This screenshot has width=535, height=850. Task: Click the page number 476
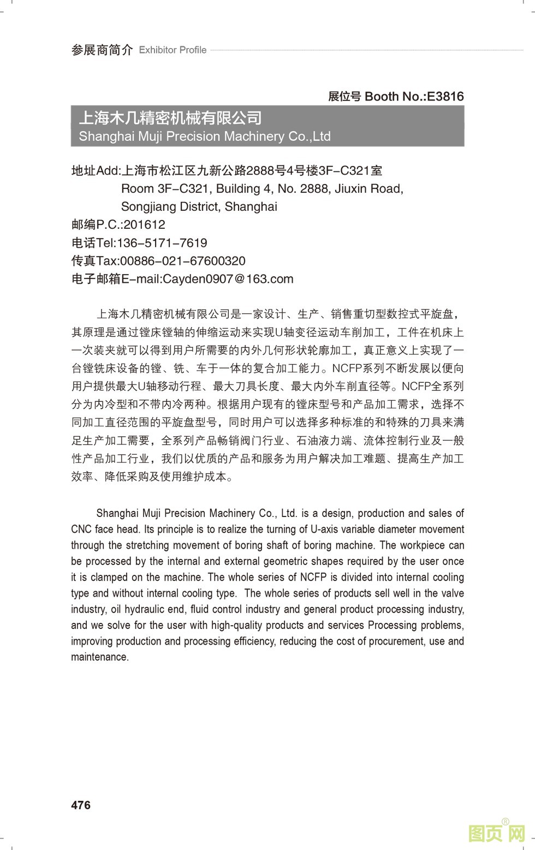pyautogui.click(x=81, y=805)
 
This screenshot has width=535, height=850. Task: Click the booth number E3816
pyautogui.click(x=445, y=97)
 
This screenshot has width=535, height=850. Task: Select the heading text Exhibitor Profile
pyautogui.click(x=173, y=50)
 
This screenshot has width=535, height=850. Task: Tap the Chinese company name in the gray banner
pyautogui.click(x=170, y=118)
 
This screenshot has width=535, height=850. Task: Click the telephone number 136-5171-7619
pyautogui.click(x=162, y=243)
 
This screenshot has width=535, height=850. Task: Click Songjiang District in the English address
pyautogui.click(x=170, y=207)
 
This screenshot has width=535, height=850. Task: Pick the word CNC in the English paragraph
pyautogui.click(x=81, y=529)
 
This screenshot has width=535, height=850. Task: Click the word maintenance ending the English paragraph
pyautogui.click(x=99, y=657)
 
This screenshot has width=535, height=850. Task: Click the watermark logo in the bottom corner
pyautogui.click(x=496, y=833)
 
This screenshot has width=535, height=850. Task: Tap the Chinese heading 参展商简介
pyautogui.click(x=102, y=50)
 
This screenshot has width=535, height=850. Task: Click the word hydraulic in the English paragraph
pyautogui.click(x=148, y=609)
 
